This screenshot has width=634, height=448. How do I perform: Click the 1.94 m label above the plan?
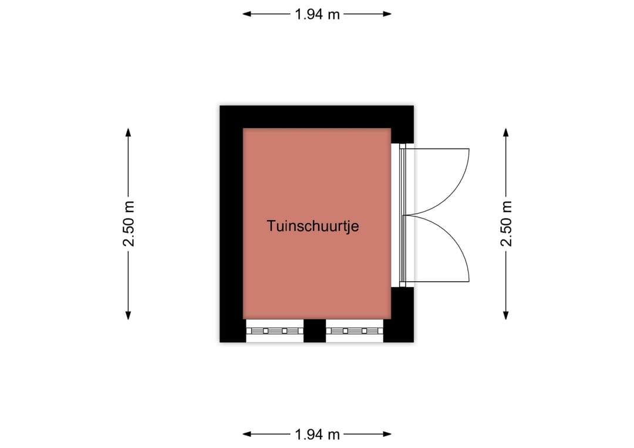pos(317,15)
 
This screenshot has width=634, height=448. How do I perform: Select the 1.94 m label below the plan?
pos(317,434)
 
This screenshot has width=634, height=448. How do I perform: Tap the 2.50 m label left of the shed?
pos(129,224)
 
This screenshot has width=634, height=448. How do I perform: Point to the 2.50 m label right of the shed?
pos(506,224)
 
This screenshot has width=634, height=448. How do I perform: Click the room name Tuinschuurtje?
pos(312,225)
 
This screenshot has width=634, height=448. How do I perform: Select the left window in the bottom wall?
pos(275,331)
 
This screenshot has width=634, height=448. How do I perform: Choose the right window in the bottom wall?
pos(355,331)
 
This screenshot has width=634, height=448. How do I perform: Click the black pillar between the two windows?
pos(315,331)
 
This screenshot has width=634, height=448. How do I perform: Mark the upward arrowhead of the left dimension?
pos(128,133)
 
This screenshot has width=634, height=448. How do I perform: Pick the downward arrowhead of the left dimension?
pos(128,315)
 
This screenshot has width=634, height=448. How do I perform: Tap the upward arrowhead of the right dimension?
pos(505,133)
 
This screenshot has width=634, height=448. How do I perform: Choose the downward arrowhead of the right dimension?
pos(505,315)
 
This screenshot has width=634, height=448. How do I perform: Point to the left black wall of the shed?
pos(231,224)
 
